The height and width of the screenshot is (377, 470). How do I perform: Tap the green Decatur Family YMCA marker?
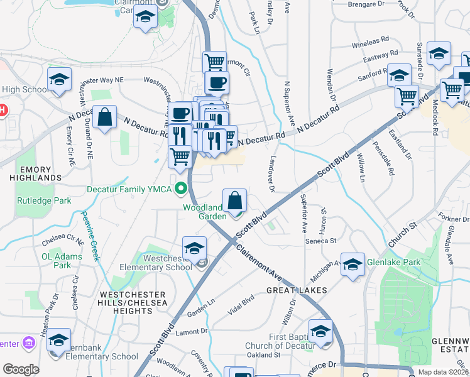[182, 188]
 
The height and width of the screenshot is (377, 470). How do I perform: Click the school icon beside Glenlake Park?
[352, 265]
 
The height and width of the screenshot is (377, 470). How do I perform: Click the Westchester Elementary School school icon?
[195, 247]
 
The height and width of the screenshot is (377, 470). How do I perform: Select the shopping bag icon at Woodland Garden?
[234, 201]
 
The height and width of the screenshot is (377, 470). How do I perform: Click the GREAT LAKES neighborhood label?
[296, 290]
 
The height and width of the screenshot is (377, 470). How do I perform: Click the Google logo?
[21, 369]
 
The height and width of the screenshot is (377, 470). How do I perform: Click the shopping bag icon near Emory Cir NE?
[105, 117]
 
